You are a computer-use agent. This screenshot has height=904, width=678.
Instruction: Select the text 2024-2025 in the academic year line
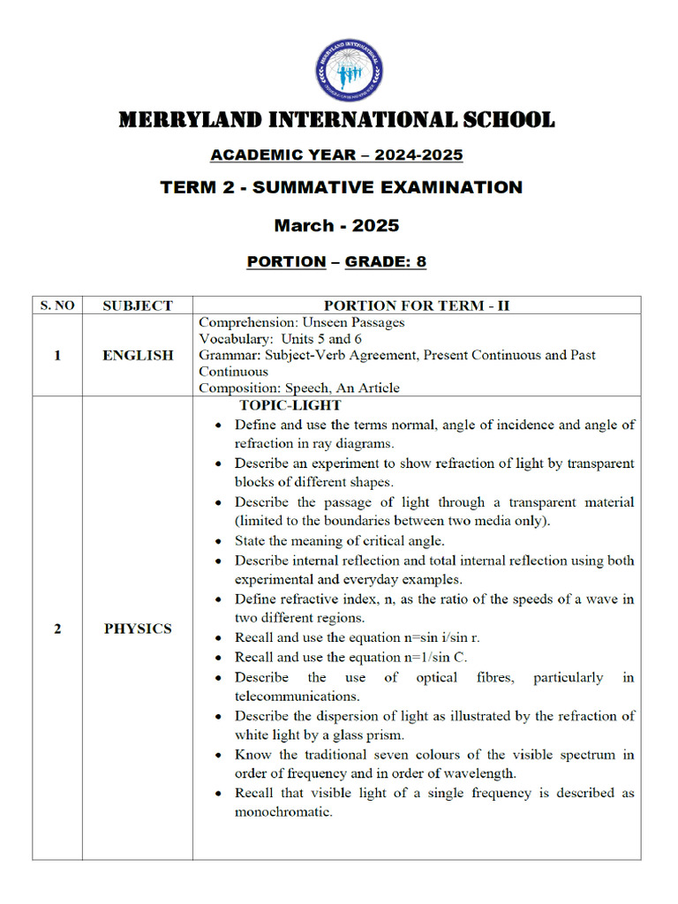(x=418, y=155)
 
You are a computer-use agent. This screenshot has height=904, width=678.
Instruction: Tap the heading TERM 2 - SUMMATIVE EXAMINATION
(x=341, y=187)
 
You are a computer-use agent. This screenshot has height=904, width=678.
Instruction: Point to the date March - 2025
(x=336, y=225)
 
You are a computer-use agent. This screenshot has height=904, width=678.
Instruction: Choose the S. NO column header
(x=57, y=305)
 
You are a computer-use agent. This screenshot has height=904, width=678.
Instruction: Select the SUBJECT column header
(x=138, y=305)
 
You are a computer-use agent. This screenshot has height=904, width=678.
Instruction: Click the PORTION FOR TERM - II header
(x=417, y=305)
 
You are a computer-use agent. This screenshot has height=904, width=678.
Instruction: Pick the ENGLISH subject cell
(x=138, y=355)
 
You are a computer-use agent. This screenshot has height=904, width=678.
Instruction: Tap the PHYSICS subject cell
(x=138, y=629)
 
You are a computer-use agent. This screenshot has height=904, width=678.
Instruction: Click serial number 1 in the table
(x=57, y=355)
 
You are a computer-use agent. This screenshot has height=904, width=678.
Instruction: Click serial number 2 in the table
(x=57, y=629)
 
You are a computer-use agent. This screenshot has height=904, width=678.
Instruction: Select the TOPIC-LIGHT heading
(x=290, y=405)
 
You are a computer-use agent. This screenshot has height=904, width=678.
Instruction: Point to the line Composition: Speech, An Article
(x=299, y=388)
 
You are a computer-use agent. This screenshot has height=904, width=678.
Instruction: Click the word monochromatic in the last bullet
(x=283, y=812)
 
